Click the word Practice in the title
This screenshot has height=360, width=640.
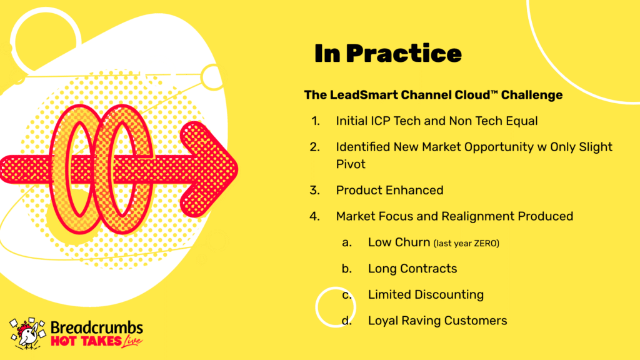(404, 54)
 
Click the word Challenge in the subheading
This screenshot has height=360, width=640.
(532, 95)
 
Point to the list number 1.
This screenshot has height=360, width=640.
(316, 121)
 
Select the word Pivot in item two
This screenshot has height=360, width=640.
(351, 164)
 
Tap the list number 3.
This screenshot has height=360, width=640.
(315, 190)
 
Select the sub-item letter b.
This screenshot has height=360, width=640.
(347, 269)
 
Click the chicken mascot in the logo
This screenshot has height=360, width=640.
(27, 334)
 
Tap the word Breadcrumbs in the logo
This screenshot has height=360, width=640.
(97, 327)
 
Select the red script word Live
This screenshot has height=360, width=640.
(132, 341)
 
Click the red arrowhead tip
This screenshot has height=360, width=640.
(237, 169)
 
